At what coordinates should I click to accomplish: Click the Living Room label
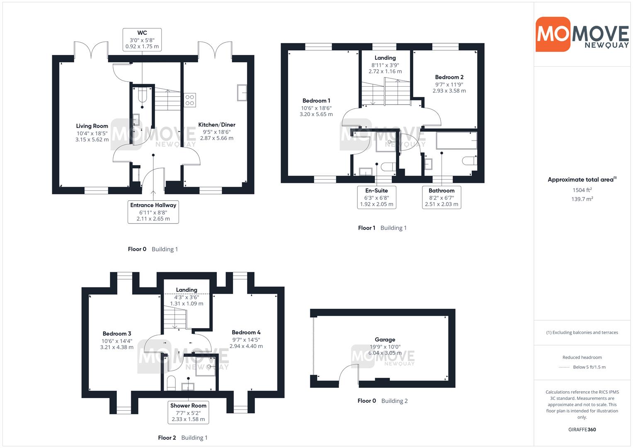pos(92,126)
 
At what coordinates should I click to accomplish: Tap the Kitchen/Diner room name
pos(217,124)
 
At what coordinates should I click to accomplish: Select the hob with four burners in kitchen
pos(190,100)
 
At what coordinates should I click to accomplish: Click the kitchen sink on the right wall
pos(242,93)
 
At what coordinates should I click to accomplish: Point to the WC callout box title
pos(142,33)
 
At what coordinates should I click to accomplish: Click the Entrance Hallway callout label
pos(153,205)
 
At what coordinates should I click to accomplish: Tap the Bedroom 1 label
pos(316,100)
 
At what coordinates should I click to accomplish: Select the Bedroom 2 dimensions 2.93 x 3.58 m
pos(449,91)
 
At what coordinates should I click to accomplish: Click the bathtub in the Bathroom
pos(456,140)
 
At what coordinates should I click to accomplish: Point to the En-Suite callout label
pos(376,190)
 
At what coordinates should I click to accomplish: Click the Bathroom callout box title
pos(441,190)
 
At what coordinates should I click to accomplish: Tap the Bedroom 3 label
pos(117,334)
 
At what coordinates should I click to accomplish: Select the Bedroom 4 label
pos(246,332)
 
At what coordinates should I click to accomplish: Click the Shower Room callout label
pos(188,405)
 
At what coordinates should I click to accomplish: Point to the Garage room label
pos(385,339)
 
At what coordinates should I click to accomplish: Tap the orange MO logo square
pos(553,34)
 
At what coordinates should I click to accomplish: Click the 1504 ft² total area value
pos(582,190)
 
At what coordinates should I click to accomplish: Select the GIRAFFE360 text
pos(582,429)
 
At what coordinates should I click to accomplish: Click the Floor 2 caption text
pos(167,438)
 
